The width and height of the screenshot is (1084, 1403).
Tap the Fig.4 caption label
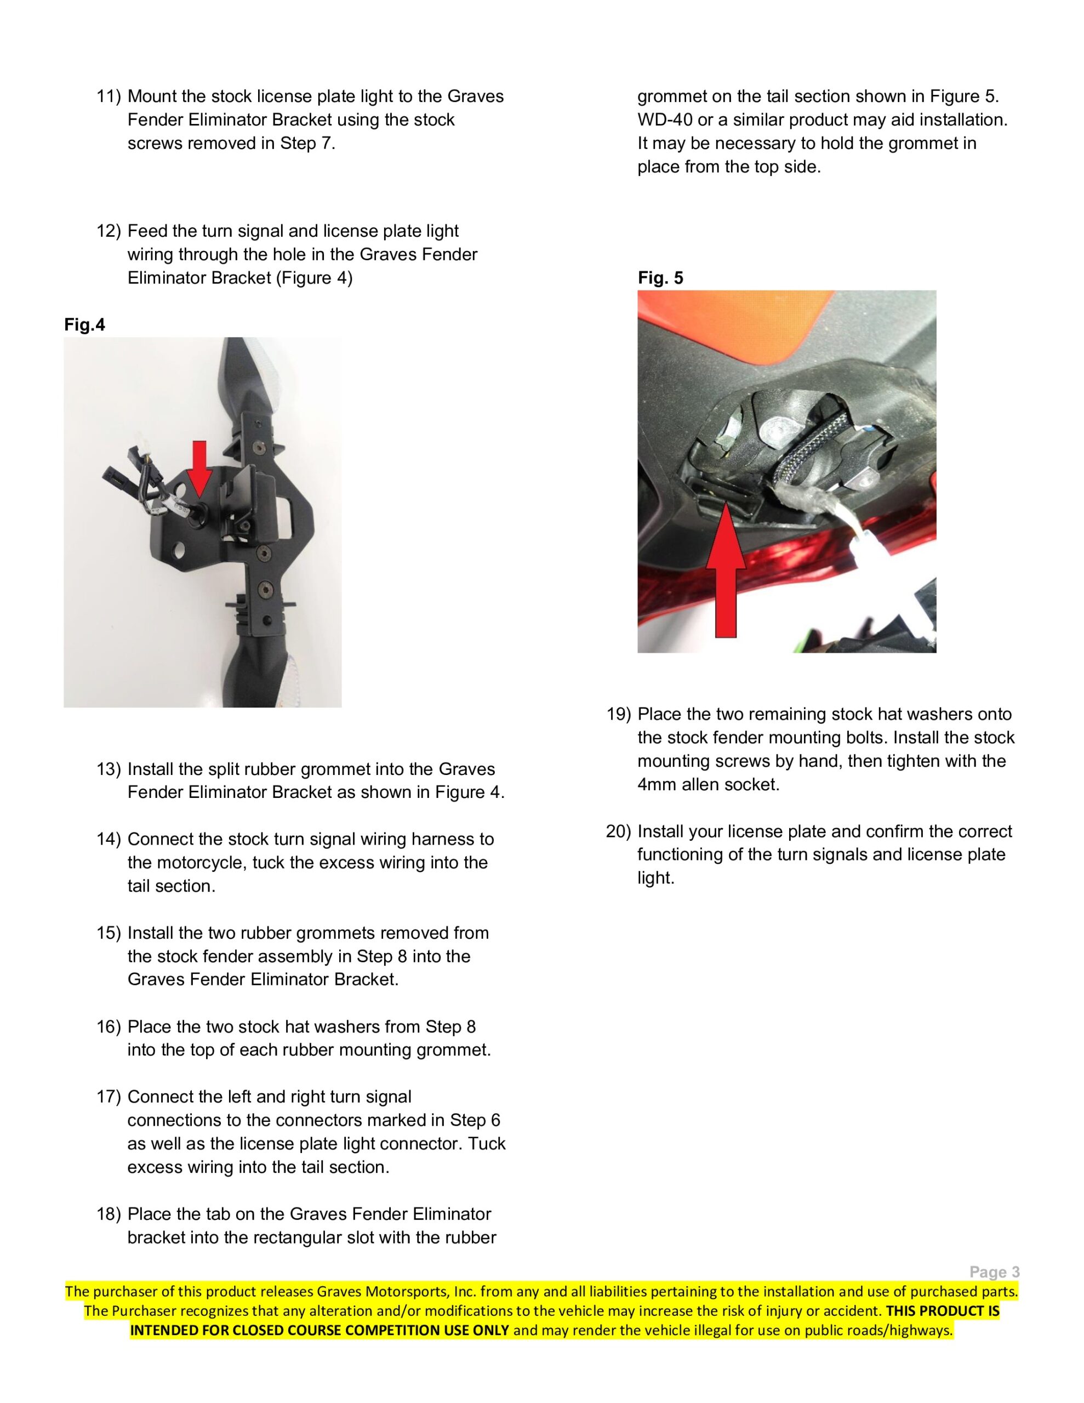tap(84, 325)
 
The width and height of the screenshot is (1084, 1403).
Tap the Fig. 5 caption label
tap(660, 278)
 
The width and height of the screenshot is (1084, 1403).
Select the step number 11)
tap(109, 97)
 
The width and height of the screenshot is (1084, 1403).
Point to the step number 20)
tap(619, 831)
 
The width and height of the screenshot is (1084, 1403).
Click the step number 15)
tap(109, 933)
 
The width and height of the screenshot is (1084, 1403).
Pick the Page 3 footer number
tap(994, 1272)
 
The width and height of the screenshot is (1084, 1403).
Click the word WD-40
tap(664, 120)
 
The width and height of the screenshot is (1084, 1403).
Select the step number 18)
tap(109, 1214)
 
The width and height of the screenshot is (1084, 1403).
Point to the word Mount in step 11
tap(152, 97)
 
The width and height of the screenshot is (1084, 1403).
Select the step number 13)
tap(109, 769)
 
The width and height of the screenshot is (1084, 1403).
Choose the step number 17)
tap(109, 1097)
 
